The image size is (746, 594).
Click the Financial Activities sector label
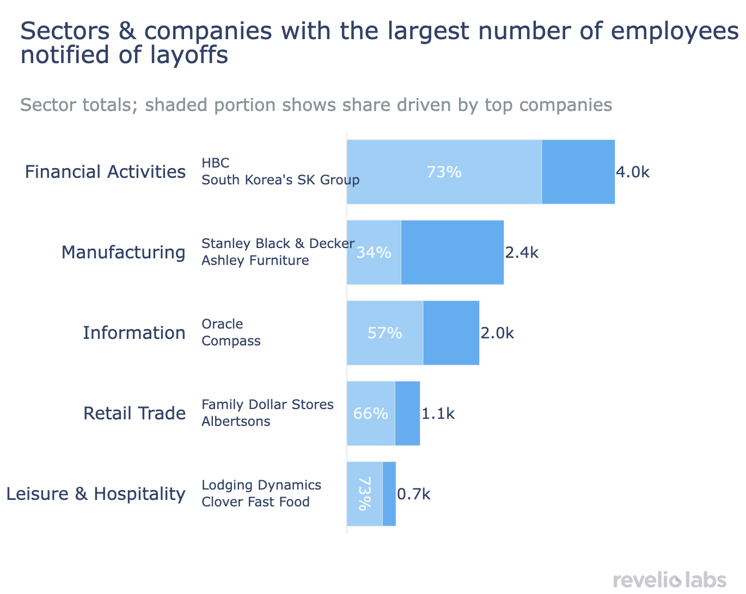click(x=105, y=172)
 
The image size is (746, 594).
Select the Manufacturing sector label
click(x=123, y=252)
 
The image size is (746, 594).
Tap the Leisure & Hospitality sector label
click(x=95, y=494)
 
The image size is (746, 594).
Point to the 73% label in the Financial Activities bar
click(x=444, y=172)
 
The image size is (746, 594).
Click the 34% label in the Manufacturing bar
click(x=374, y=252)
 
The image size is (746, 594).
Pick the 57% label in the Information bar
click(x=384, y=333)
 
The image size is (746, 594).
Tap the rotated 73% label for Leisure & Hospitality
click(x=364, y=494)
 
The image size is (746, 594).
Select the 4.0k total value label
click(x=633, y=172)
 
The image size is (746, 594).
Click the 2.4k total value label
click(x=522, y=252)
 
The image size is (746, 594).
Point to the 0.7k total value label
click(x=414, y=494)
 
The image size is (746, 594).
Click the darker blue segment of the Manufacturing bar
click(x=452, y=252)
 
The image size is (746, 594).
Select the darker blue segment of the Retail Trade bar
click(x=407, y=413)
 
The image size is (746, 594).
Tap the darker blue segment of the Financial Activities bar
click(x=578, y=172)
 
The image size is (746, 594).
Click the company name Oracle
click(x=222, y=324)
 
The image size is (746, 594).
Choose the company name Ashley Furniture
click(x=255, y=261)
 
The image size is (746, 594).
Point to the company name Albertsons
click(x=236, y=422)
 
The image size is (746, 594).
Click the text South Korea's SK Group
click(x=280, y=180)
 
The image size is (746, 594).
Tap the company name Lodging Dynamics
click(x=261, y=485)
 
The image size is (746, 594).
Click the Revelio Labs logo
click(x=669, y=579)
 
